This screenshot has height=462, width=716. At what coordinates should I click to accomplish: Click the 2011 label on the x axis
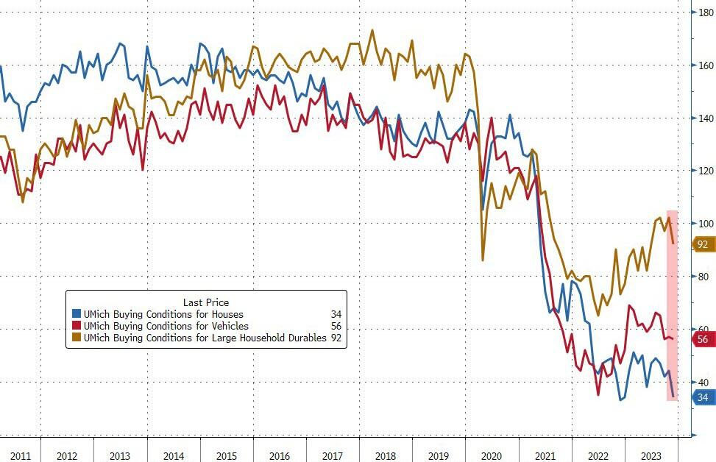pos(20,456)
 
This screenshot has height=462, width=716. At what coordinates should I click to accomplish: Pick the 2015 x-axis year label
pos(227,456)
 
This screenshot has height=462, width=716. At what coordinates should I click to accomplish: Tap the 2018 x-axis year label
pos(386,456)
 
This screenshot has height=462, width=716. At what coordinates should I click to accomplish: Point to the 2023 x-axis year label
pos(651,456)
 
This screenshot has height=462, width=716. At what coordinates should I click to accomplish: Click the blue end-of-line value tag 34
pos(703,397)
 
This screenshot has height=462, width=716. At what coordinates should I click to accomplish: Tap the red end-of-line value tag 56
pos(703,339)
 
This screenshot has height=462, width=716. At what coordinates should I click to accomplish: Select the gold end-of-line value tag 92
pos(703,244)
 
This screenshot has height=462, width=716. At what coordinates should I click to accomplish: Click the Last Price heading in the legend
pos(205,302)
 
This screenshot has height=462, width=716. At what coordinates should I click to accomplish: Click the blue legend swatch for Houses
pos(77,315)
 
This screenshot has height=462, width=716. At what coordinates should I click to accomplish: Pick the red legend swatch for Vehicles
pos(77,326)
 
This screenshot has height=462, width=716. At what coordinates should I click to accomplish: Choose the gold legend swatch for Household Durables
pos(77,338)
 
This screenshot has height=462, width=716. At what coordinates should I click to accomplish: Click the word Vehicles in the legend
pos(229,326)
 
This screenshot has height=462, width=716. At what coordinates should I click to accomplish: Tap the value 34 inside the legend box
pos(336,315)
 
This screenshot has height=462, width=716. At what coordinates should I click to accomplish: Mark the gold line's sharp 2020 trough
pos(483,260)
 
